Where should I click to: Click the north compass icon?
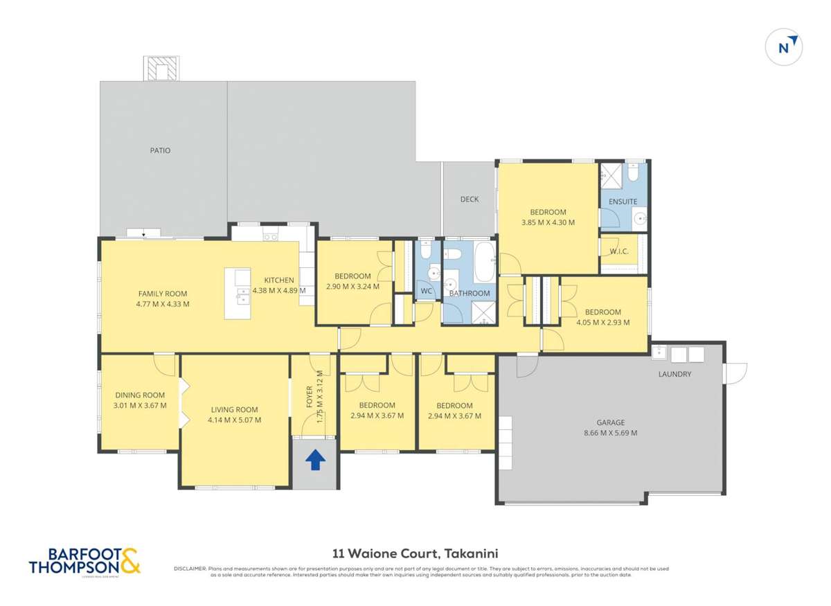[784, 48]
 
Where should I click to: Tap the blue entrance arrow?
[315, 460]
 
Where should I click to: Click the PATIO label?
[160, 150]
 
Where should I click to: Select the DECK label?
[470, 199]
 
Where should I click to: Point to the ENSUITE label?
[623, 202]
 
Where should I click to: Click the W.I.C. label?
[619, 251]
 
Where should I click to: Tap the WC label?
[427, 292]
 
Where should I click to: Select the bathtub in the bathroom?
[484, 261]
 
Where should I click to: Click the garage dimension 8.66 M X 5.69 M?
[611, 433]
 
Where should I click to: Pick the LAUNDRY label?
[675, 374]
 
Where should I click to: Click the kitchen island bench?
[238, 294]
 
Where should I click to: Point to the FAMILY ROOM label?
[163, 294]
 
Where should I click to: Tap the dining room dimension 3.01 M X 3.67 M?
[141, 405]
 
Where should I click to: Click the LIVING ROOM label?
[234, 409]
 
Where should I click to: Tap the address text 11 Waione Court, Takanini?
[415, 553]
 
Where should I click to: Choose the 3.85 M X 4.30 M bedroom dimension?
[548, 222]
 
